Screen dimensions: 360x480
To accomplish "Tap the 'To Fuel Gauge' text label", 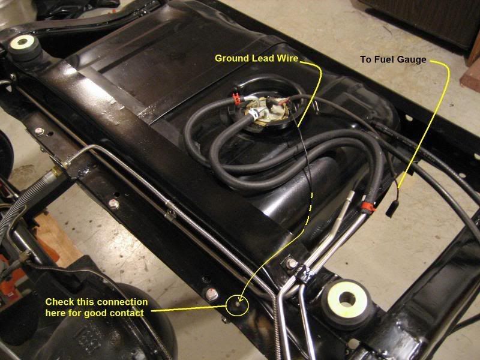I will (x=394, y=60).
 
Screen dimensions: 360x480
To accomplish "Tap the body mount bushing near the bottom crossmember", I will (x=347, y=299).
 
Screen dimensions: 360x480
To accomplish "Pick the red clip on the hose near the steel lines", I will (x=368, y=208).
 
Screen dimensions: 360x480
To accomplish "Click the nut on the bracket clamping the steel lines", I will (x=292, y=264).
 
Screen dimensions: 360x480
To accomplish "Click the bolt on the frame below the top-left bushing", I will (x=40, y=131).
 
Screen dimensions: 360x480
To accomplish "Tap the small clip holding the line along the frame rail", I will (x=170, y=212).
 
